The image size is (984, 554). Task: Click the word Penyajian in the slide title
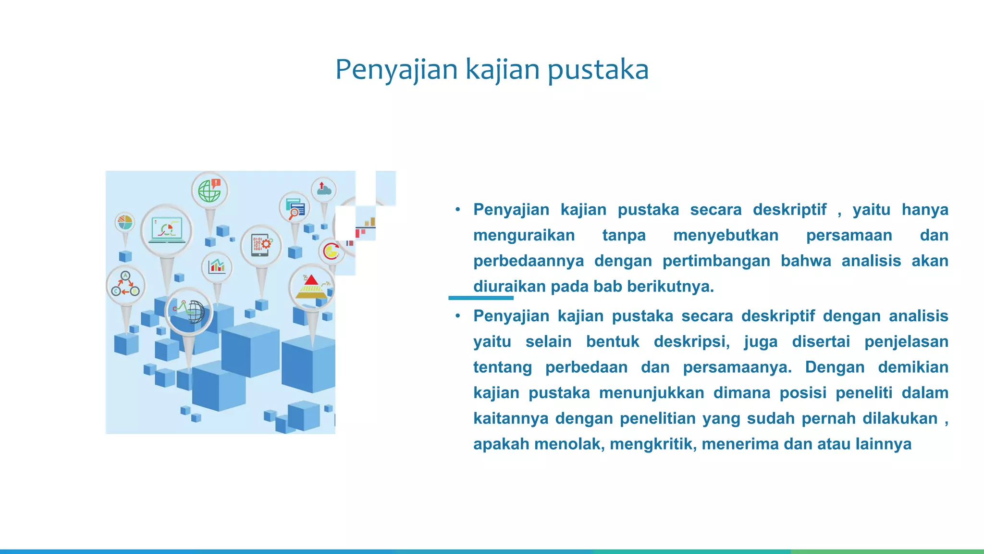point(396,70)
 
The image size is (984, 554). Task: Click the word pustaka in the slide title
point(598,70)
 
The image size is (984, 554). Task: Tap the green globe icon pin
point(210,191)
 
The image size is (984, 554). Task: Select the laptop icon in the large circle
point(167,230)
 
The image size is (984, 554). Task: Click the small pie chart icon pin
point(125,223)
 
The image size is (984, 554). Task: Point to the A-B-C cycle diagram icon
point(125,285)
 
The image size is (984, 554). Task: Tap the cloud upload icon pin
point(324,189)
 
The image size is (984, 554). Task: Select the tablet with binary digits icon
point(261,246)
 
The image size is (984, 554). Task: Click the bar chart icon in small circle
point(217,266)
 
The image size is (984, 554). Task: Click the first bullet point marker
point(458,210)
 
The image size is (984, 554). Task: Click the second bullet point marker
point(458,316)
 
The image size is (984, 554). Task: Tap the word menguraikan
point(524,235)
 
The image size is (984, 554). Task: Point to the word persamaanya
point(737,367)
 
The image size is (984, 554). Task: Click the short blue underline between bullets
point(480,298)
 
